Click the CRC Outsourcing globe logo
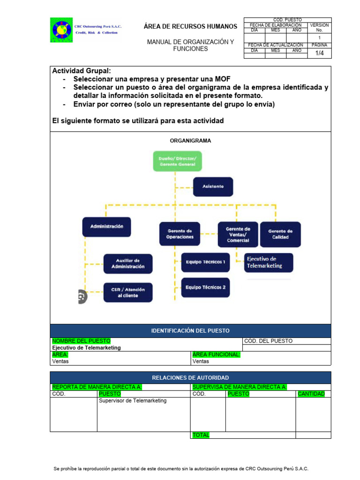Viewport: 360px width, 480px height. tap(61, 30)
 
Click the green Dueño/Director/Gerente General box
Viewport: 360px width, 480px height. tap(177, 162)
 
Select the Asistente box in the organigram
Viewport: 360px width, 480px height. tap(213, 187)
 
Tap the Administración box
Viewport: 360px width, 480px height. tap(106, 226)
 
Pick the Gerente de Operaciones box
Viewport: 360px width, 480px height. tap(180, 234)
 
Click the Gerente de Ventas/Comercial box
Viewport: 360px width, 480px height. tap(238, 234)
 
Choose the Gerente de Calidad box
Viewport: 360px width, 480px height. tap(280, 234)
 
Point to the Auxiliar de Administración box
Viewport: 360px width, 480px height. tap(128, 263)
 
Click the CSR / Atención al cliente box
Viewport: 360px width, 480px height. tap(128, 292)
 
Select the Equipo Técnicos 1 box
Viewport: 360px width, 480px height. tap(205, 262)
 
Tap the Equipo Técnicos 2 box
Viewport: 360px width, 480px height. tap(205, 287)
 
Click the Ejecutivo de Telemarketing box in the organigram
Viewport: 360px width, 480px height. tap(269, 262)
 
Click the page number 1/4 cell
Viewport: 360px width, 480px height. tap(319, 53)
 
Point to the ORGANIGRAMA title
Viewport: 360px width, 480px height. tap(190, 141)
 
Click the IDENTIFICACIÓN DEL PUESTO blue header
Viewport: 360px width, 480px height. tap(190, 330)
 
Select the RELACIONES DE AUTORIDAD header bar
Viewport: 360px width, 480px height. tap(190, 377)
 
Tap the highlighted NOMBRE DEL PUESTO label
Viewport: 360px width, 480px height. tap(81, 341)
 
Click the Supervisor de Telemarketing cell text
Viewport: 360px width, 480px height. tap(133, 401)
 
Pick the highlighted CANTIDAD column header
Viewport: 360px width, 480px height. tap(311, 394)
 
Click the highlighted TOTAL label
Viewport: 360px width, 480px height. tap(201, 435)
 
